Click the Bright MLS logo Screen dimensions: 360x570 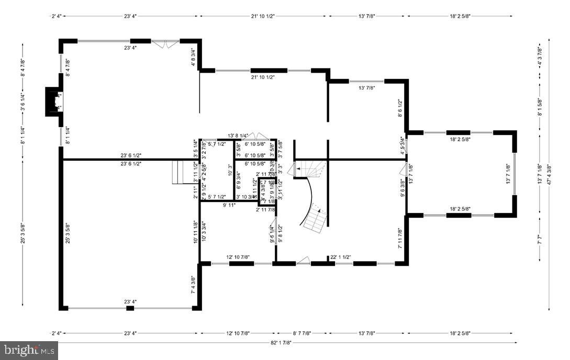pos(29,350)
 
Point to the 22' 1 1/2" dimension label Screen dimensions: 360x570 pos(341,257)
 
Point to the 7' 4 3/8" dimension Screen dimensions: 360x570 pos(193,286)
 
